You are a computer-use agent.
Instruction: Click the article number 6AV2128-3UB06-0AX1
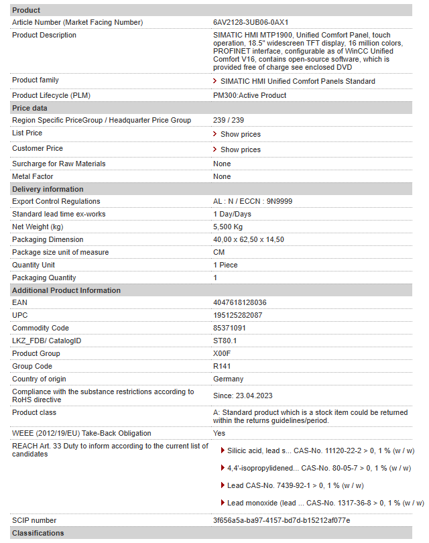(x=250, y=22)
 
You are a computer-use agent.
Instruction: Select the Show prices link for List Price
(x=240, y=134)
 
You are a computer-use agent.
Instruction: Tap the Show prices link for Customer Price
(x=240, y=149)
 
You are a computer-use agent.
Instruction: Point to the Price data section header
(x=30, y=108)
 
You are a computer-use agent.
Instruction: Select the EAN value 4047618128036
(x=239, y=302)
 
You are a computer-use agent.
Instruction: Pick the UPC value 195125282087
(x=237, y=315)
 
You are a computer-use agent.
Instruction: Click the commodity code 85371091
(x=229, y=328)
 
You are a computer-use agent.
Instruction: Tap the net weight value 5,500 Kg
(x=228, y=227)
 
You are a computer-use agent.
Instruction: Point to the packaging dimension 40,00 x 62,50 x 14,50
(x=248, y=239)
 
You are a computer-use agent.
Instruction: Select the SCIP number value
(x=282, y=520)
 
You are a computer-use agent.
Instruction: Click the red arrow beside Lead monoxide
(x=223, y=502)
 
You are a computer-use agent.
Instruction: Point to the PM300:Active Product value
(x=249, y=95)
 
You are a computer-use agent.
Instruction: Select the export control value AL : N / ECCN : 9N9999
(x=252, y=201)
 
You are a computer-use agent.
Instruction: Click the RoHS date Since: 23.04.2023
(x=243, y=396)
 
